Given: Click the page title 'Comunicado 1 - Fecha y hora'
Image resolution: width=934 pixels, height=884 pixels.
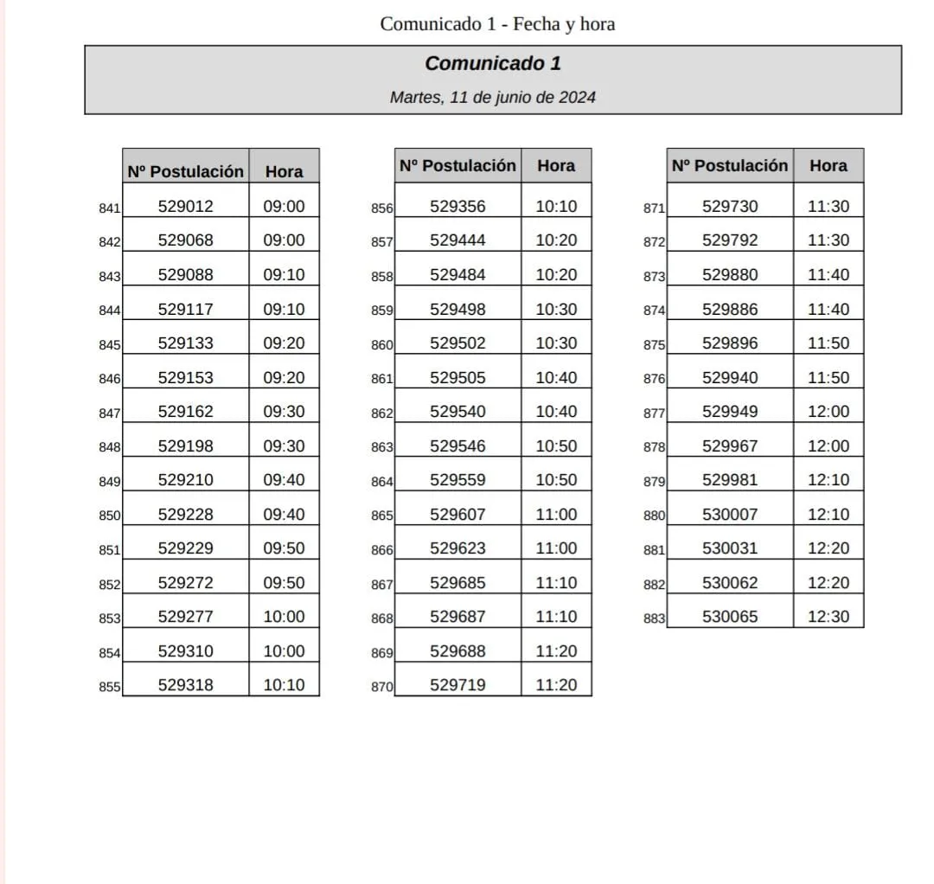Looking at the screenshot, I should point(497,23).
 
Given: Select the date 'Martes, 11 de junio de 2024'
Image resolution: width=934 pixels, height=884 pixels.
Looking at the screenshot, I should point(492,97).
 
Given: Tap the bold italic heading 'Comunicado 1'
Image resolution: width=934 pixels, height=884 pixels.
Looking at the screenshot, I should point(492,63).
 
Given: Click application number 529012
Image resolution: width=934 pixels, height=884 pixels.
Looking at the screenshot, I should point(185,206).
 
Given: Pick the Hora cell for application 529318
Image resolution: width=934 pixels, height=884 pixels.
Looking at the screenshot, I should point(284,685).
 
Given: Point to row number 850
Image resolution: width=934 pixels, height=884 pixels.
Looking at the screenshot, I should point(109,516).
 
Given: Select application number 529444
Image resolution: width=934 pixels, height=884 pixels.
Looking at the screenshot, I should point(457,240).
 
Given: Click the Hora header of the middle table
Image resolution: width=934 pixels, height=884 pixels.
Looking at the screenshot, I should point(556,165).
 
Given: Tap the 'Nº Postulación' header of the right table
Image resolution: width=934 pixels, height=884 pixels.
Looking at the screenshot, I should point(730,165).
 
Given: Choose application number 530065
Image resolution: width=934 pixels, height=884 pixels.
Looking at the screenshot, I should point(730,617).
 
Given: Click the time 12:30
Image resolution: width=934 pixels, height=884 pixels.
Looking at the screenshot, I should point(828,617).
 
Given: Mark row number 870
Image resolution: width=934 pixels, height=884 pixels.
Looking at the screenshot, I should point(381,687).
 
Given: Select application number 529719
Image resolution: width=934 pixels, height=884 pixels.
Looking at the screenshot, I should point(457,685).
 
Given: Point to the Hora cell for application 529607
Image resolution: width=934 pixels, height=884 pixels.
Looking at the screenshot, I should point(556,514).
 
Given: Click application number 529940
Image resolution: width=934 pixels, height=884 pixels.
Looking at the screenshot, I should point(730,377).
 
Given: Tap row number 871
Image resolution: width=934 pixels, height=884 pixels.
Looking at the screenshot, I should point(654,208).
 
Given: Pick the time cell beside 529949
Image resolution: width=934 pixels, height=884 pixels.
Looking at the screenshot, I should point(828,412).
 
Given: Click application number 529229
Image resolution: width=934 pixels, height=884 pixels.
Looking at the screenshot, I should point(185,548).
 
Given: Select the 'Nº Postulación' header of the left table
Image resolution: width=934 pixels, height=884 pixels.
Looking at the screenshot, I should point(185,171).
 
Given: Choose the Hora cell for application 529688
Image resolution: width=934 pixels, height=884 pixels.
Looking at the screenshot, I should point(556,650).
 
